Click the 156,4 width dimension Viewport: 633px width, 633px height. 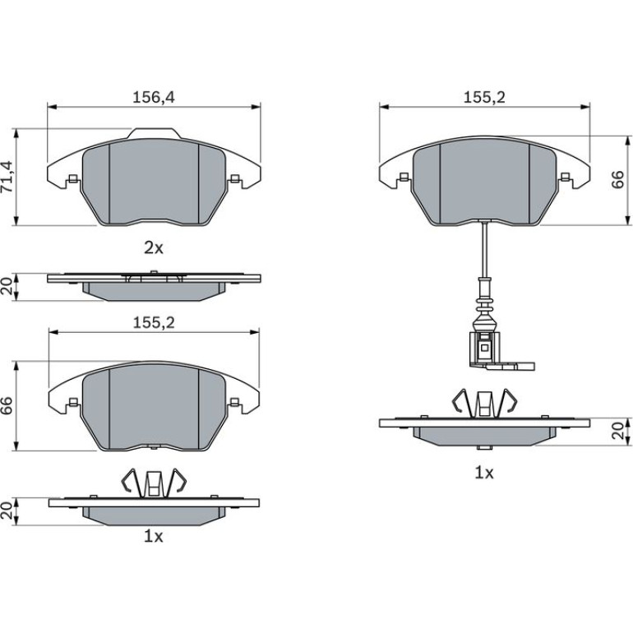pyautogui.click(x=154, y=97)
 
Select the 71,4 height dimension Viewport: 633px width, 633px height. pyautogui.click(x=8, y=177)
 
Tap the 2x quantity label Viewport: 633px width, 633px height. pyautogui.click(x=154, y=247)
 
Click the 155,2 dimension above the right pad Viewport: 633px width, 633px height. pyautogui.click(x=484, y=97)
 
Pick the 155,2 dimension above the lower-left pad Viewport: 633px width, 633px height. pyautogui.click(x=154, y=322)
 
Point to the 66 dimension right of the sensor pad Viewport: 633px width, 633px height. pyautogui.click(x=617, y=180)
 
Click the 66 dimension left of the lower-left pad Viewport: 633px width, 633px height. pyautogui.click(x=8, y=405)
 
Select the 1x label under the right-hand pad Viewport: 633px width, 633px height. pyautogui.click(x=484, y=473)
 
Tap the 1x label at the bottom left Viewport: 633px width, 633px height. pyautogui.click(x=154, y=536)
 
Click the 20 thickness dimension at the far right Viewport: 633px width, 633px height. pyautogui.click(x=617, y=431)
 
